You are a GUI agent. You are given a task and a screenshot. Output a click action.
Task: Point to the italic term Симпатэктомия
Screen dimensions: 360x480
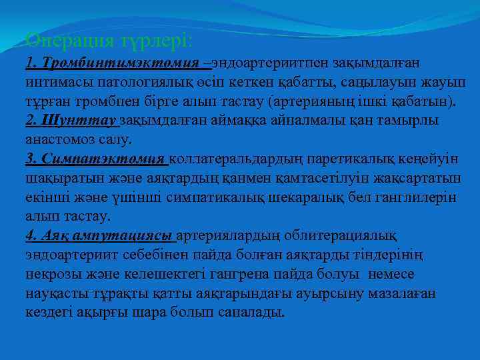click(106, 159)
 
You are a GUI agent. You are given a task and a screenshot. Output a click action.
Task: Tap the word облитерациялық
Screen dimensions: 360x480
click(341, 236)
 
